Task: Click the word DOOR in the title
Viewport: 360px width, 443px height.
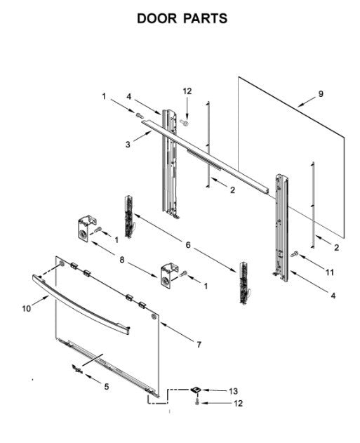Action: [156, 19]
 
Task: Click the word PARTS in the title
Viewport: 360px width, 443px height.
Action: [206, 19]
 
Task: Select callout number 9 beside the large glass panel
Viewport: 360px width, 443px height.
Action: [321, 93]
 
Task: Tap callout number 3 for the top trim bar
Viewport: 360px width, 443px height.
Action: [128, 145]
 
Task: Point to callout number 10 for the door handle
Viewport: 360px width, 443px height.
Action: [26, 308]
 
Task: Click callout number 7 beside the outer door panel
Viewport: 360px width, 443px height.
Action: [199, 345]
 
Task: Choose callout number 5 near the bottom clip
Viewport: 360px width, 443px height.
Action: [107, 387]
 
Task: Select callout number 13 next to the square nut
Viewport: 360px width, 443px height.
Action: [233, 391]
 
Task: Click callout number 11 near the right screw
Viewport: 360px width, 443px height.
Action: [330, 272]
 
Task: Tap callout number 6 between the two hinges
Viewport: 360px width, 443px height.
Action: [188, 245]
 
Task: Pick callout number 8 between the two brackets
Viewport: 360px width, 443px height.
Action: [121, 260]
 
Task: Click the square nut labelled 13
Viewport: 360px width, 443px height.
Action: [196, 390]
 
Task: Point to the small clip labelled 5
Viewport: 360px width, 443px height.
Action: [76, 369]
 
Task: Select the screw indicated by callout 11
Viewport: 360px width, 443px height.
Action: [295, 254]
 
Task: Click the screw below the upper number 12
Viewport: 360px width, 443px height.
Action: [184, 122]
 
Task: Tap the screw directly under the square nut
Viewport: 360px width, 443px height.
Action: [197, 402]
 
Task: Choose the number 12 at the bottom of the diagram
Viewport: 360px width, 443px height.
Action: [238, 403]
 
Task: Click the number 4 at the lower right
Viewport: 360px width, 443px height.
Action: [333, 296]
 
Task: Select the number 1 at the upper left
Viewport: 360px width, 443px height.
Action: [104, 96]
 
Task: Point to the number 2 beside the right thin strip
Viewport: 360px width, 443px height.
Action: [336, 248]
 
